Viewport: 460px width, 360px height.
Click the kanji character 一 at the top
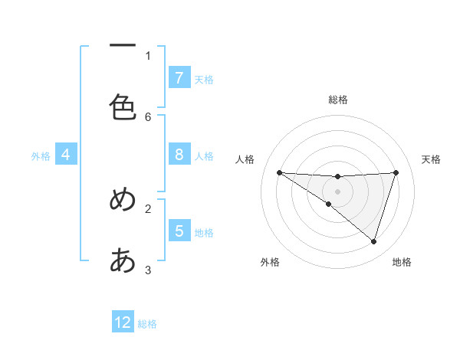pyautogui.click(x=123, y=47)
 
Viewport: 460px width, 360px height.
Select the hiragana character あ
pyautogui.click(x=123, y=260)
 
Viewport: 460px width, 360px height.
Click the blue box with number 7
pyautogui.click(x=179, y=77)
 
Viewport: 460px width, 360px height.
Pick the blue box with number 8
pyautogui.click(x=179, y=155)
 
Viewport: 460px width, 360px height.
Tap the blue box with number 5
pyautogui.click(x=179, y=231)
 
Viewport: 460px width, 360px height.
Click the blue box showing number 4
pyautogui.click(x=66, y=155)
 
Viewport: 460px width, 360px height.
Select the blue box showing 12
pyautogui.click(x=123, y=322)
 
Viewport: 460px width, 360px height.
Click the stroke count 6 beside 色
pyautogui.click(x=148, y=116)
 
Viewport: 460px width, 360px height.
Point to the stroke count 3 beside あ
pyautogui.click(x=148, y=270)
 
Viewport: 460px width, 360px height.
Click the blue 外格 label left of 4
pyautogui.click(x=41, y=155)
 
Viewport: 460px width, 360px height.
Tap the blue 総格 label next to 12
pyautogui.click(x=147, y=324)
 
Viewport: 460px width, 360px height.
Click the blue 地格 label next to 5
pyautogui.click(x=204, y=232)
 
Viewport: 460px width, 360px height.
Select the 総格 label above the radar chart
pyautogui.click(x=338, y=100)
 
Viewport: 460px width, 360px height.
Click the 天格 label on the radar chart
pyautogui.click(x=432, y=159)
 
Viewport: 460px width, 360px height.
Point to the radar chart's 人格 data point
pyautogui.click(x=279, y=172)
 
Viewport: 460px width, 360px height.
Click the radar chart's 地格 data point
pyautogui.click(x=373, y=241)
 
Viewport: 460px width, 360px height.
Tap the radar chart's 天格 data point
pyautogui.click(x=396, y=172)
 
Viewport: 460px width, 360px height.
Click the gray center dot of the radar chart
pyautogui.click(x=338, y=191)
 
